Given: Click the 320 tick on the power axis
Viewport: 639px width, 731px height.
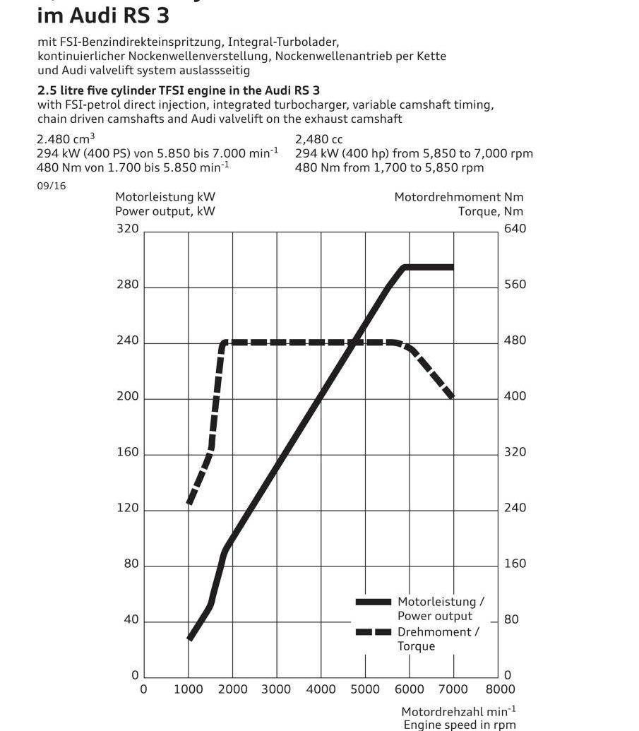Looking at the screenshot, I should pyautogui.click(x=128, y=229).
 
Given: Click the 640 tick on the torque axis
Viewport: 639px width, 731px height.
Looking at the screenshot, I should pyautogui.click(x=515, y=229).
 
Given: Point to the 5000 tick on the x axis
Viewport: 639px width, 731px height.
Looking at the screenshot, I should pyautogui.click(x=365, y=689).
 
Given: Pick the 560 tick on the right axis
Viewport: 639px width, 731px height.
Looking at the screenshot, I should pyautogui.click(x=515, y=285).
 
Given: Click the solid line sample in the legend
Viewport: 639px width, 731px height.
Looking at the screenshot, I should pyautogui.click(x=373, y=602).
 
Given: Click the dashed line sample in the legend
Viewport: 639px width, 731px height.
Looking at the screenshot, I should pyautogui.click(x=373, y=632).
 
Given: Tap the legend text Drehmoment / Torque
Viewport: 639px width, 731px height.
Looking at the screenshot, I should pyautogui.click(x=438, y=639).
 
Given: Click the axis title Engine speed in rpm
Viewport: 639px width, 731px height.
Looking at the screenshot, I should pyautogui.click(x=459, y=725).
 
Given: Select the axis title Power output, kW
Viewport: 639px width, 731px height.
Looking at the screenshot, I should pyautogui.click(x=165, y=210).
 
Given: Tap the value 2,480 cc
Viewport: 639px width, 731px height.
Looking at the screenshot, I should pyautogui.click(x=319, y=140).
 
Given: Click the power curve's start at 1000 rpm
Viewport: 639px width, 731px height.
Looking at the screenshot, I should pyautogui.click(x=189, y=638).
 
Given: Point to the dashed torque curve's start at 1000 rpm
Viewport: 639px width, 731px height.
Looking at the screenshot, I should pyautogui.click(x=189, y=503).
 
